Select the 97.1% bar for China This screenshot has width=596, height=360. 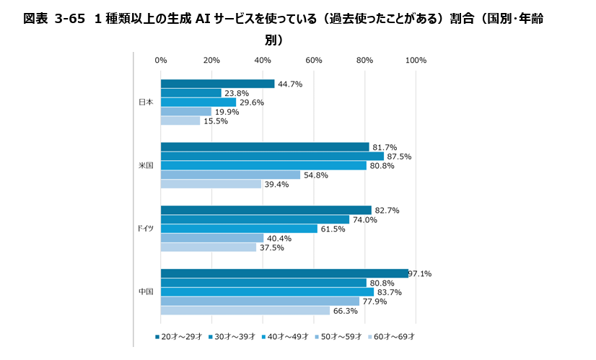pyautogui.click(x=284, y=273)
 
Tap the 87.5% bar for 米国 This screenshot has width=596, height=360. pyautogui.click(x=272, y=157)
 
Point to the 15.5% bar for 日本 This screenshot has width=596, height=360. pyautogui.click(x=180, y=121)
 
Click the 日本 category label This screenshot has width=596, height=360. pyautogui.click(x=146, y=102)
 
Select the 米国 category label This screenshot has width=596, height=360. pyautogui.click(x=146, y=166)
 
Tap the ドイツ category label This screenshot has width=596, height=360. pyautogui.click(x=145, y=229)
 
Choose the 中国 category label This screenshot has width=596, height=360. pyautogui.click(x=146, y=292)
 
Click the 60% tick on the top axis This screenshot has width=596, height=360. pyautogui.click(x=314, y=60)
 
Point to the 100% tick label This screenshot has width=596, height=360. pyautogui.click(x=416, y=60)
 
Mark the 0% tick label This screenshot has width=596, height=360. pyautogui.click(x=161, y=60)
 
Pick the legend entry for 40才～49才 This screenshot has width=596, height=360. pyautogui.click(x=285, y=337)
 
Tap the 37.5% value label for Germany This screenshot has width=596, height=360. pyautogui.click(x=272, y=247)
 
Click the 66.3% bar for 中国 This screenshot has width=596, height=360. pyautogui.click(x=245, y=311)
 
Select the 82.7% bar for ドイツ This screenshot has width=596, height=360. pyautogui.click(x=266, y=210)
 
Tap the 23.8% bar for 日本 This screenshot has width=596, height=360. pyautogui.click(x=191, y=93)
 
